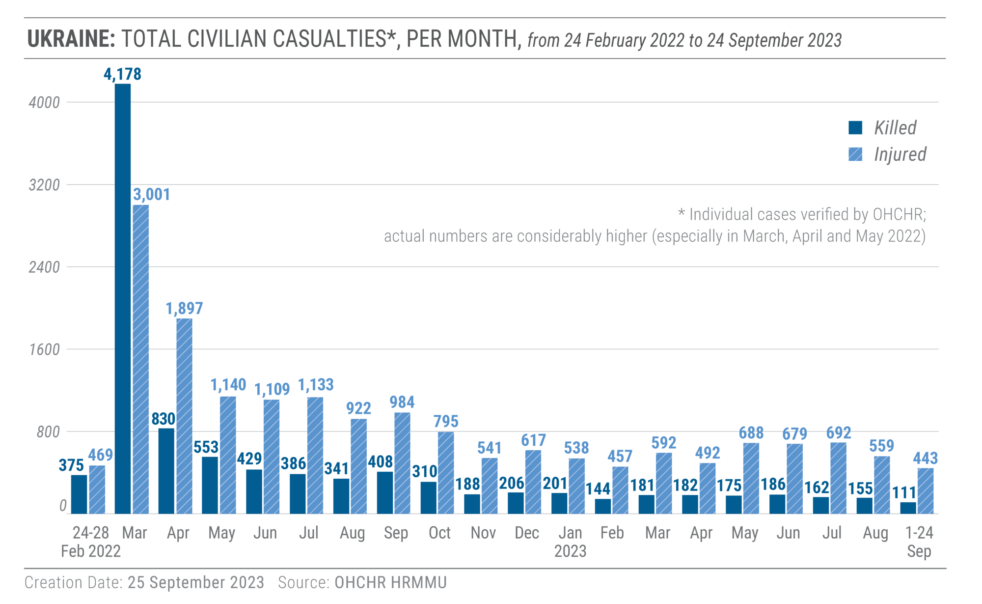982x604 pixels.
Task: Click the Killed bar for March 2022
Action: pyautogui.click(x=123, y=299)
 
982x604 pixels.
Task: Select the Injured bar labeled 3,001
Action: pyautogui.click(x=141, y=359)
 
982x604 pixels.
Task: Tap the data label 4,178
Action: pyautogui.click(x=122, y=74)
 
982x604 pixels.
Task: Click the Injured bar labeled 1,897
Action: pyautogui.click(x=184, y=416)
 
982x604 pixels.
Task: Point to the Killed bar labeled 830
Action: pyautogui.click(x=166, y=471)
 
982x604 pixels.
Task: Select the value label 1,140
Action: pyautogui.click(x=228, y=385)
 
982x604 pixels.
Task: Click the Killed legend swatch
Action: pyautogui.click(x=855, y=127)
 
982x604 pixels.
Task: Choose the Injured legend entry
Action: pyautogui.click(x=888, y=154)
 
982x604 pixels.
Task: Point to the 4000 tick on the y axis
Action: pyautogui.click(x=44, y=103)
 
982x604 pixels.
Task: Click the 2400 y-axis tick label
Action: pyautogui.click(x=44, y=267)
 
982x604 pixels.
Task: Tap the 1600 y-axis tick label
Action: pyautogui.click(x=44, y=350)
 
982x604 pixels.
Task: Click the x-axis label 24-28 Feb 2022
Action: pyautogui.click(x=91, y=542)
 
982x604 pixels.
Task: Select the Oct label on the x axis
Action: pyautogui.click(x=439, y=533)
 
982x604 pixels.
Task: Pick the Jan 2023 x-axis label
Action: pyautogui.click(x=571, y=542)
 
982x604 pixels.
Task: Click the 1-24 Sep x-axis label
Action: pyautogui.click(x=919, y=542)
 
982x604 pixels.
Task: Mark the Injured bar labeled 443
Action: pyautogui.click(x=926, y=491)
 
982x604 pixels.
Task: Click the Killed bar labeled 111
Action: pyautogui.click(x=908, y=508)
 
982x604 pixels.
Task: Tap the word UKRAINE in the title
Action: pyautogui.click(x=71, y=39)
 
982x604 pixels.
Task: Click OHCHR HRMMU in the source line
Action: pyautogui.click(x=391, y=582)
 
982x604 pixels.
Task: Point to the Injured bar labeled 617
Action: pyautogui.click(x=533, y=482)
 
